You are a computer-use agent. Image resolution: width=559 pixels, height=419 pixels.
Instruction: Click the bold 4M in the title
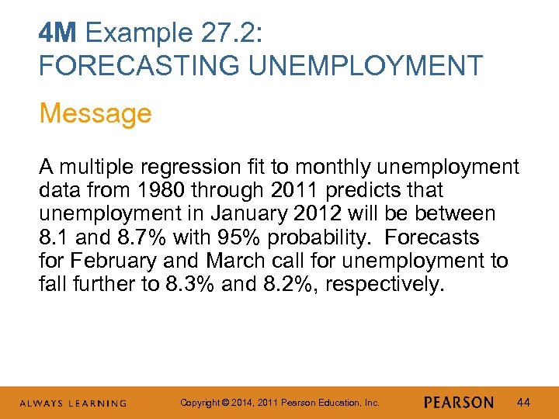click(59, 33)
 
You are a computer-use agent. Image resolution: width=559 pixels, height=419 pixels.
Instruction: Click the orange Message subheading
click(95, 113)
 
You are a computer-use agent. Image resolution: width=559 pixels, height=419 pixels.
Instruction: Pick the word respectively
click(384, 284)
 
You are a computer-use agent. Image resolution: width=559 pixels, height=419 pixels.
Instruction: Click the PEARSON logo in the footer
click(459, 403)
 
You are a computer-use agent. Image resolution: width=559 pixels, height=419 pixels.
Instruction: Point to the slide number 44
click(523, 403)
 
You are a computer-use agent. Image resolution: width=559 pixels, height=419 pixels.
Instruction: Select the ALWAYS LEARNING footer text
click(73, 403)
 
